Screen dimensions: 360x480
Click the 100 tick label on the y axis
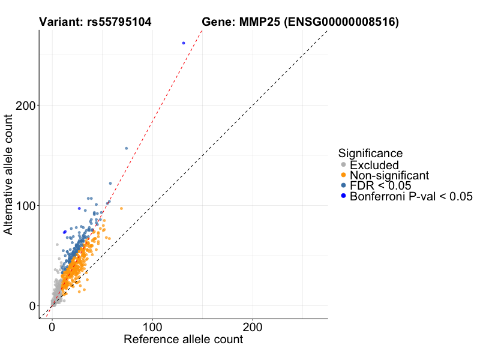[x=25, y=206]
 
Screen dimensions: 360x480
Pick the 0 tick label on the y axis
[x=32, y=306]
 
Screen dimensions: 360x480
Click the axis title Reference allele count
[x=183, y=340]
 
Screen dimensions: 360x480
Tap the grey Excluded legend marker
[x=343, y=165]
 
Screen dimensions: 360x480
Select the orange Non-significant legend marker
[x=343, y=175]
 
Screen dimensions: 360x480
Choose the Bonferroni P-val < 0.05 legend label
[x=411, y=196]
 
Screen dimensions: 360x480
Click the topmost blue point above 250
[x=184, y=43]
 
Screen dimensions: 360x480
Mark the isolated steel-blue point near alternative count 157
[x=126, y=148]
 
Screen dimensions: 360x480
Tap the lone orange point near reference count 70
[x=122, y=209]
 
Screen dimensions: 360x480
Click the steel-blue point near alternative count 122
[x=110, y=184]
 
